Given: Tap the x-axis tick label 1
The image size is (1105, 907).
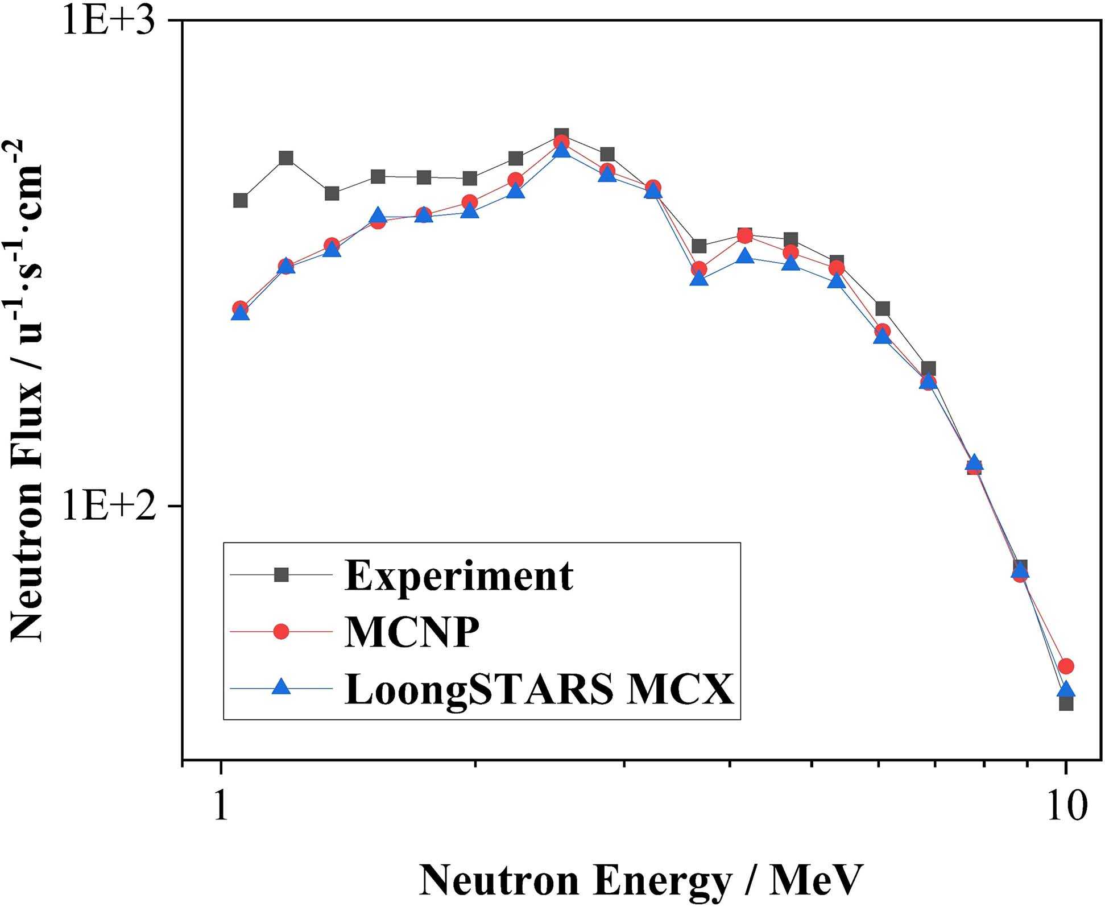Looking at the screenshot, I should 221,806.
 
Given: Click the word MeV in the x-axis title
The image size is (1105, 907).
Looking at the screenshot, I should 816,880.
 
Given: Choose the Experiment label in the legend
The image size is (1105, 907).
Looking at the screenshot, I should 459,575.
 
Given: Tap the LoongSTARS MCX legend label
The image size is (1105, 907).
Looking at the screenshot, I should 539,689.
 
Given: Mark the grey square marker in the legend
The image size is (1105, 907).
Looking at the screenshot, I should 282,575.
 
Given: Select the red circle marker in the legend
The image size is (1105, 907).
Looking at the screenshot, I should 282,631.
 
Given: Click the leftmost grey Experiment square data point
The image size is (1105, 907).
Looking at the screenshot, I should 241,200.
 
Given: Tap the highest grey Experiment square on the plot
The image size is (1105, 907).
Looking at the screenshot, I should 562,135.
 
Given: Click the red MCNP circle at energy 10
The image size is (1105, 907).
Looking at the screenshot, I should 1066,665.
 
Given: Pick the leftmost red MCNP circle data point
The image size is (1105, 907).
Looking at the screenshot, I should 241,308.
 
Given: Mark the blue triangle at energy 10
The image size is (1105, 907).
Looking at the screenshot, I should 1066,690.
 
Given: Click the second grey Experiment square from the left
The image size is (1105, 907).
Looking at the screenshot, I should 287,158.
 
